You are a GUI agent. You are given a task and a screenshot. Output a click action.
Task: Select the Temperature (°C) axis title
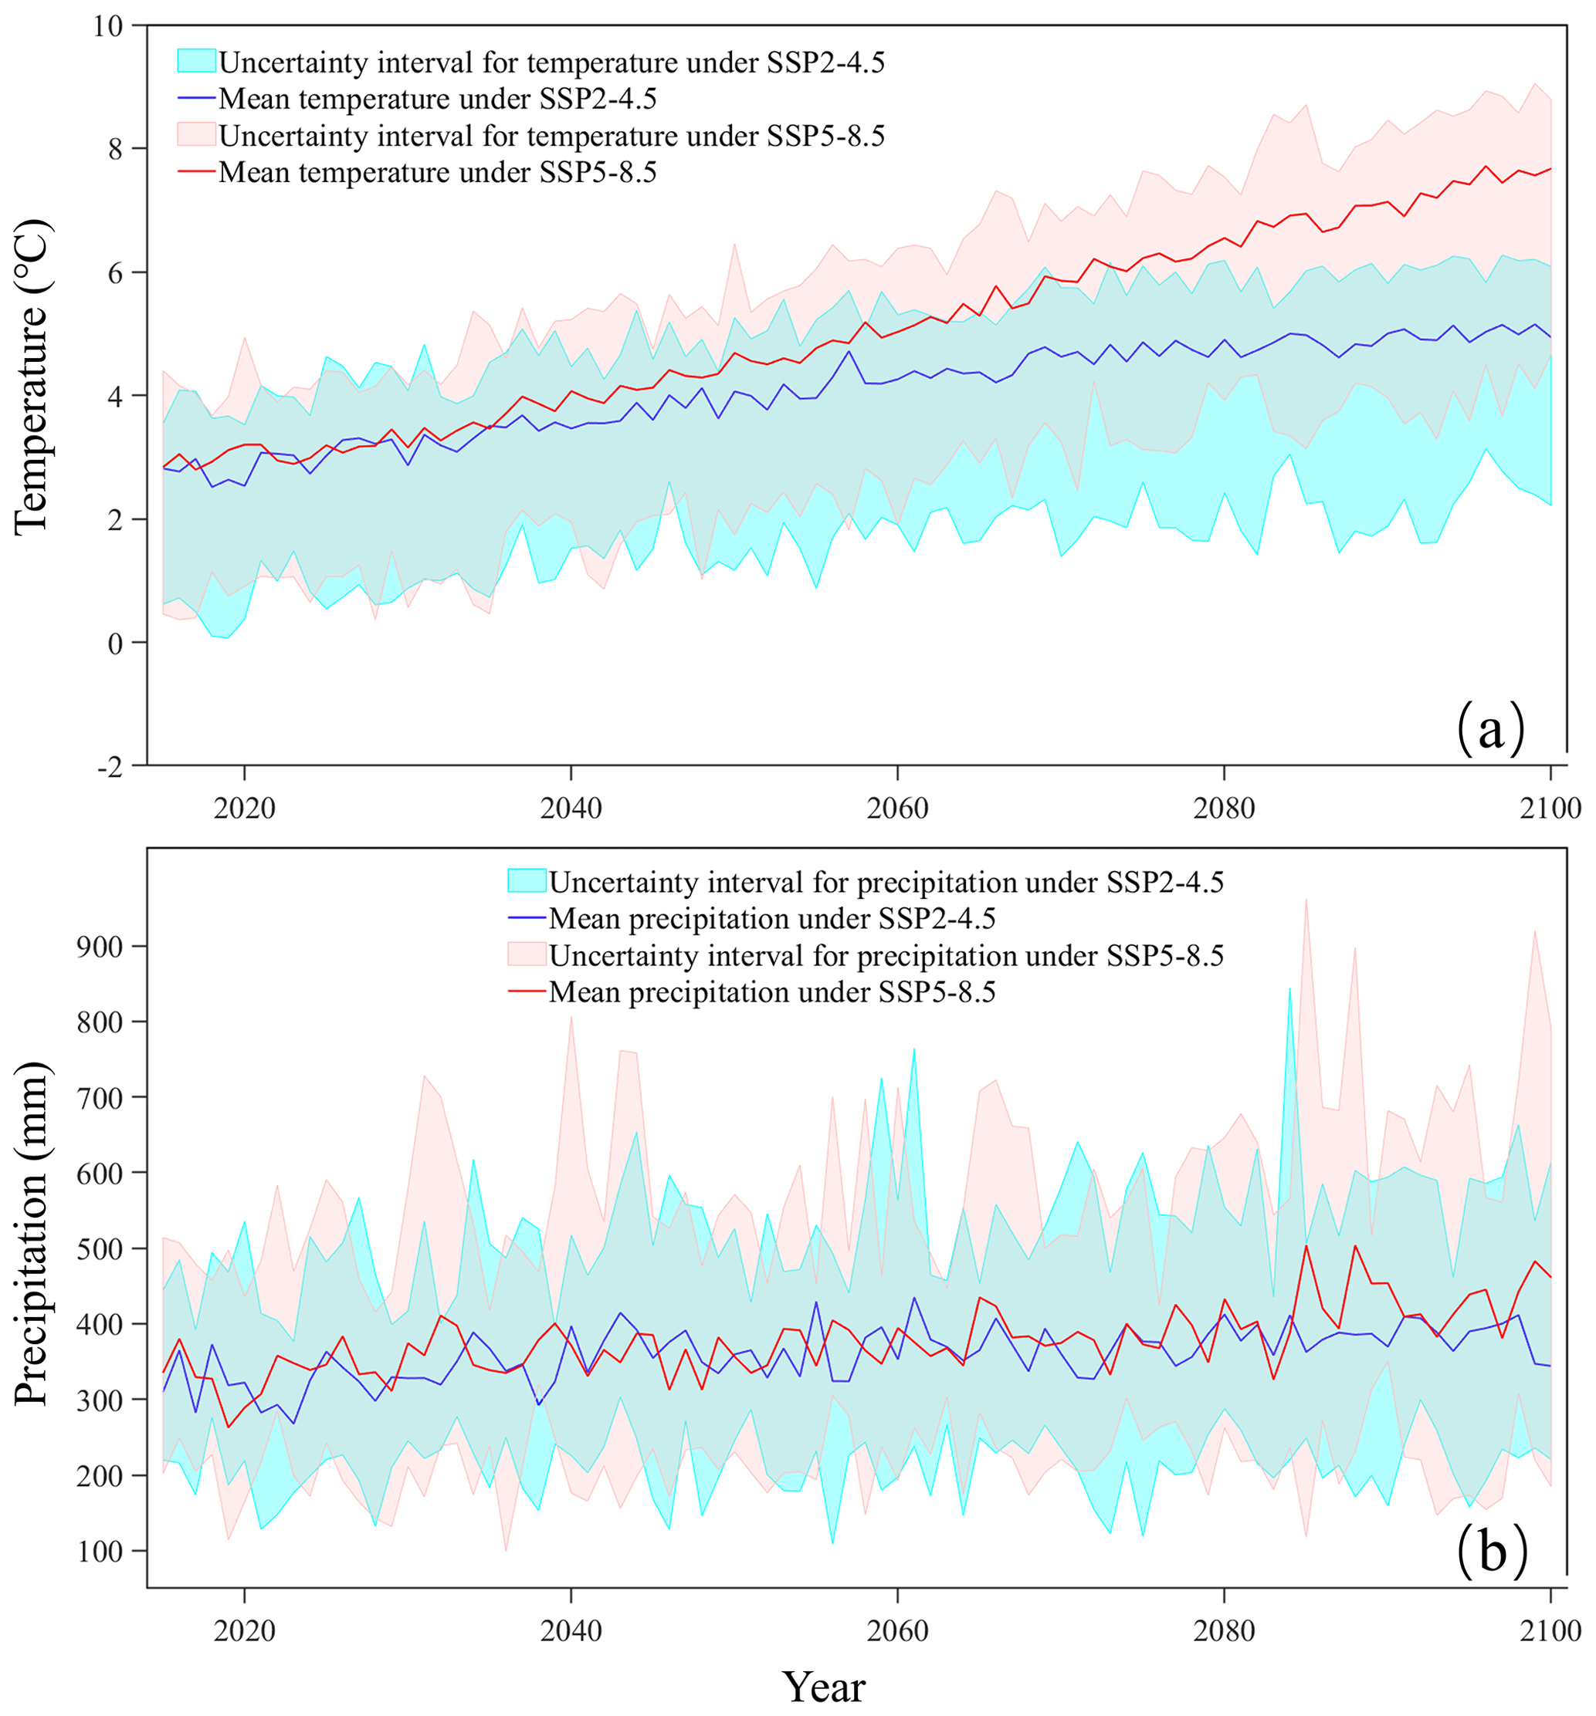click(x=33, y=377)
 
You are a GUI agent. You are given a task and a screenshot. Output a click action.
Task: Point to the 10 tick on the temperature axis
click(x=109, y=27)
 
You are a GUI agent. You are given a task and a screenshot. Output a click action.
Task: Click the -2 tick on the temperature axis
click(x=109, y=766)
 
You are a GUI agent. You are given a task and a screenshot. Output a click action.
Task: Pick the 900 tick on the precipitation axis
click(x=100, y=946)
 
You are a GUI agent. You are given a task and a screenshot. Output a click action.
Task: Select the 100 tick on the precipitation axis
click(x=100, y=1552)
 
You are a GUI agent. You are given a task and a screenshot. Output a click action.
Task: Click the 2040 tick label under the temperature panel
click(x=571, y=809)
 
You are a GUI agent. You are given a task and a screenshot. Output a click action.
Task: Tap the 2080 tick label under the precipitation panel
click(x=1224, y=1630)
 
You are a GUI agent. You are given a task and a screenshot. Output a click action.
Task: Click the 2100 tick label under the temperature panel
click(x=1550, y=809)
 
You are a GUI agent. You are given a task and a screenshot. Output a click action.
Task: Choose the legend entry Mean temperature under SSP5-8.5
click(x=438, y=173)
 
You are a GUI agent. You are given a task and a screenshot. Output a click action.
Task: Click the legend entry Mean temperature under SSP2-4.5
click(x=438, y=100)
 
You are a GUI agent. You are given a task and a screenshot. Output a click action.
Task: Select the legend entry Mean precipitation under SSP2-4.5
click(x=772, y=918)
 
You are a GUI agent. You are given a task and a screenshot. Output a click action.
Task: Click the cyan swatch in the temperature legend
click(x=196, y=61)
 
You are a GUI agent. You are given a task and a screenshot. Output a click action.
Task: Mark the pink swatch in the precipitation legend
click(x=527, y=954)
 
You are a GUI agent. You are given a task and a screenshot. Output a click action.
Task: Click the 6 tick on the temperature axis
click(x=114, y=273)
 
